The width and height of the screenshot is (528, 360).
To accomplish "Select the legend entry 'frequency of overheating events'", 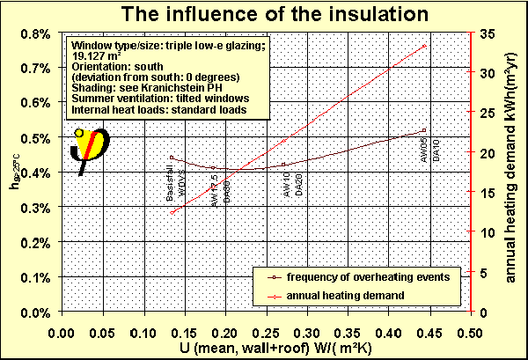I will [x=362, y=276].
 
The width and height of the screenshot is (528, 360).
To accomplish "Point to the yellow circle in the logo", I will [x=78, y=133].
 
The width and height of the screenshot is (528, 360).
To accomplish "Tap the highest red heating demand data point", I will [x=424, y=46].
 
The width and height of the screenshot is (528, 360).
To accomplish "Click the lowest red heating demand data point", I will [x=172, y=212].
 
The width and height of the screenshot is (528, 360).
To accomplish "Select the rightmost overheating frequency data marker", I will [x=424, y=130].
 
